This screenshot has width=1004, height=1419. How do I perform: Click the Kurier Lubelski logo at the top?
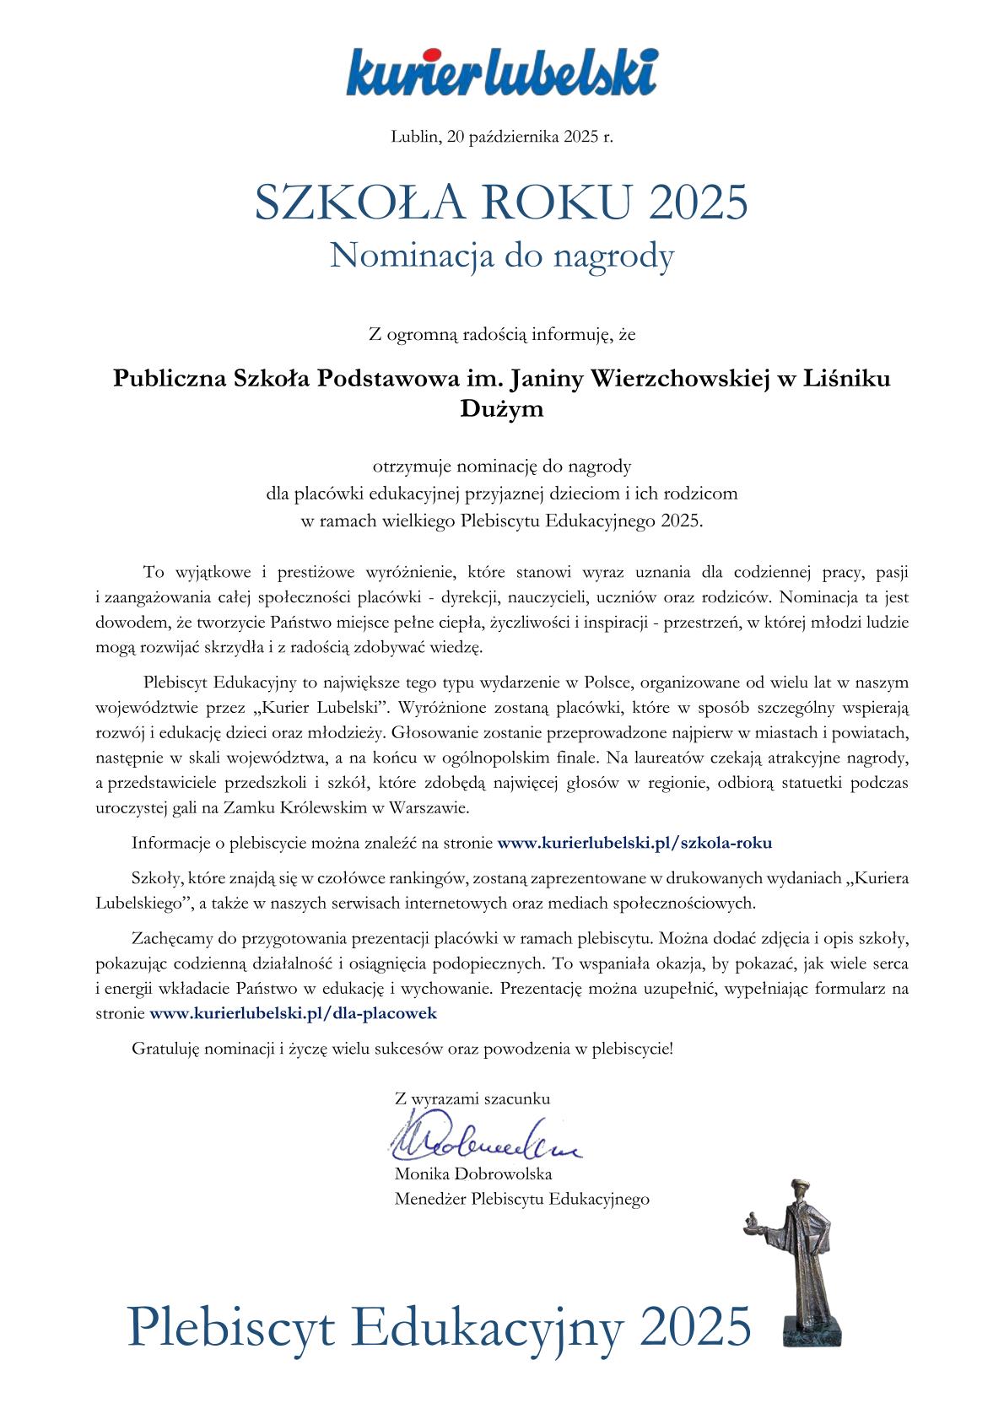click(501, 72)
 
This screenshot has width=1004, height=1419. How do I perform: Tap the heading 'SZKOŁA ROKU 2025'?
click(501, 202)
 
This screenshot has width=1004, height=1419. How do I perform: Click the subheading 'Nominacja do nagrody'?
click(501, 256)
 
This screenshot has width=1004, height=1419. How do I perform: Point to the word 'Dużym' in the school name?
click(501, 411)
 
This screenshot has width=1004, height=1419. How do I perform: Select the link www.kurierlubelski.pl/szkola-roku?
click(635, 842)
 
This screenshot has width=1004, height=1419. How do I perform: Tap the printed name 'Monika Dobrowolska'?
click(472, 1174)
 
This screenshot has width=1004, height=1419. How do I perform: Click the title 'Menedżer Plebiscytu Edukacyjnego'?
click(521, 1199)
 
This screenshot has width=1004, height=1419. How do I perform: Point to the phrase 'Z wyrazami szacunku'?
click(472, 1099)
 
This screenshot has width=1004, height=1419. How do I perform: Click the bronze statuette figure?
click(798, 1249)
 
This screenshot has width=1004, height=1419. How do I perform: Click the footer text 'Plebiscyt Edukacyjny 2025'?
click(439, 1325)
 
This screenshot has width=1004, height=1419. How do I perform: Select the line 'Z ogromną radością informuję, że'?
click(501, 336)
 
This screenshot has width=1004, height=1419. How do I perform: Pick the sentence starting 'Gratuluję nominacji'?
click(402, 1049)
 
